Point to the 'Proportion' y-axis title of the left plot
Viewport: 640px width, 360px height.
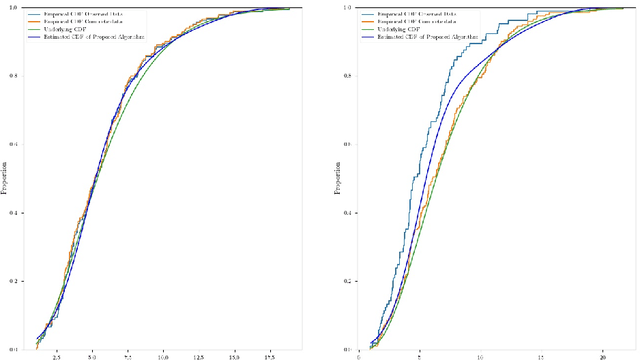(x=5, y=180)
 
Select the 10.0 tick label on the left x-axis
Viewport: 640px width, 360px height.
(x=163, y=355)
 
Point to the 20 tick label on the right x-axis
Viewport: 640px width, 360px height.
(x=602, y=355)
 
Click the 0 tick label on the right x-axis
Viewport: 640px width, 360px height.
(x=358, y=355)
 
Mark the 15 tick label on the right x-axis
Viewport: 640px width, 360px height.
(x=541, y=355)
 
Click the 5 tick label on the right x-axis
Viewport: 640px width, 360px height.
(x=419, y=355)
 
